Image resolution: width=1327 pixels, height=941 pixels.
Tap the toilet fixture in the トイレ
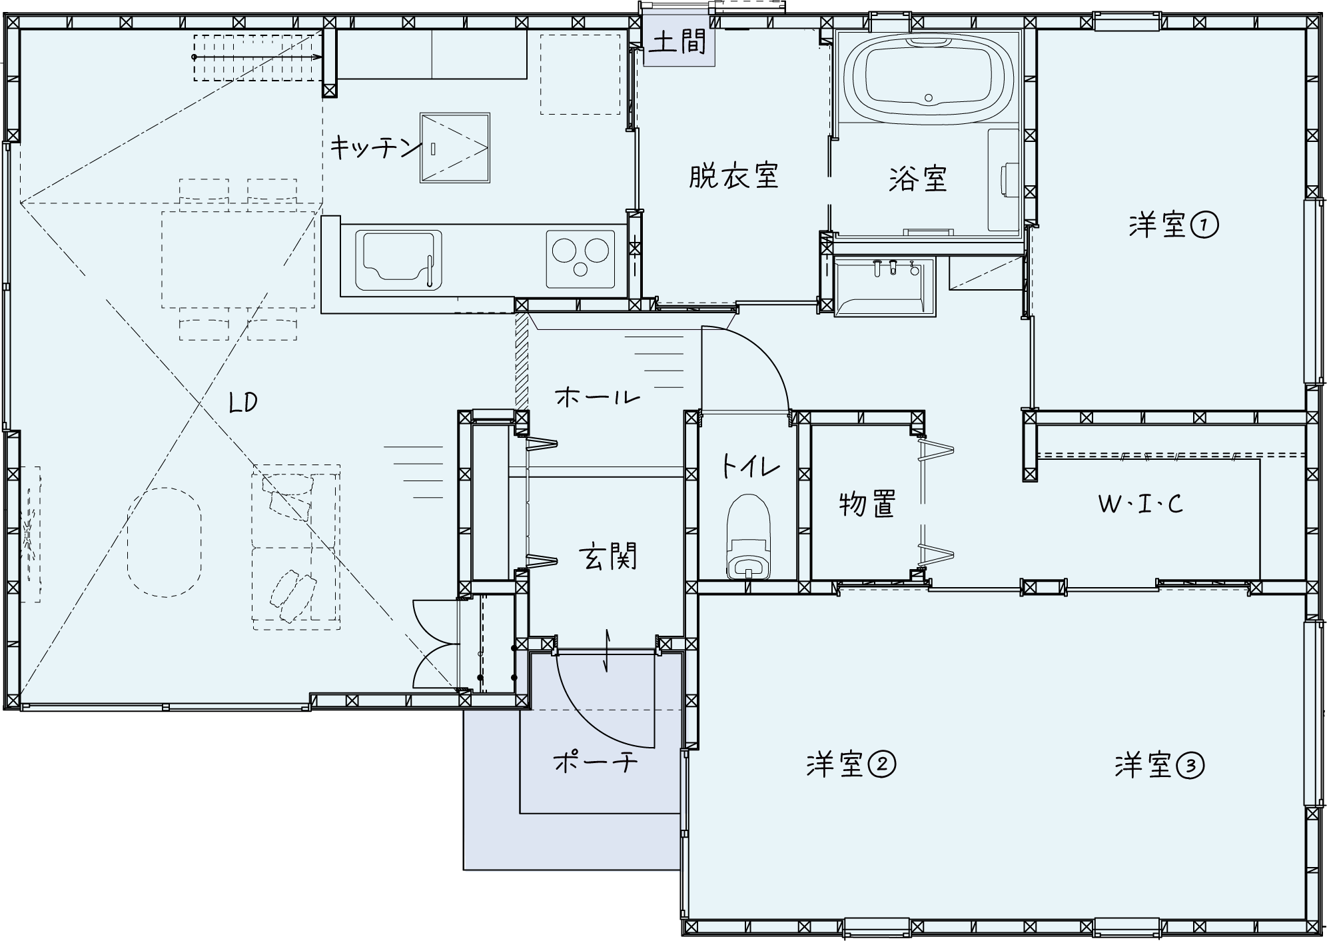click(749, 536)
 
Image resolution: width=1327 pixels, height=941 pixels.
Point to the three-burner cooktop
click(580, 259)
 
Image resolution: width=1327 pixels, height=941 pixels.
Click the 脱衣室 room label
click(733, 177)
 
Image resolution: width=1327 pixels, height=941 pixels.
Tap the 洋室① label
click(1174, 225)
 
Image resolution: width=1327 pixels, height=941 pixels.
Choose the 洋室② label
click(851, 764)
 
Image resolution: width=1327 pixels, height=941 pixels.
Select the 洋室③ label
click(1160, 765)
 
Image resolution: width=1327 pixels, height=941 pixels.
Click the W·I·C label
click(1140, 504)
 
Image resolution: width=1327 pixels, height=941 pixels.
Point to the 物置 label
click(867, 504)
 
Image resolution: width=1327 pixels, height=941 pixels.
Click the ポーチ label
click(595, 761)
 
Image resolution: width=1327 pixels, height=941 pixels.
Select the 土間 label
click(678, 43)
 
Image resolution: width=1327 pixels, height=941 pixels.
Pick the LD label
click(242, 403)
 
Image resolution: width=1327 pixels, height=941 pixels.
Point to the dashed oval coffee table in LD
click(165, 541)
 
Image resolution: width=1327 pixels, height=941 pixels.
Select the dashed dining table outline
click(238, 259)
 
